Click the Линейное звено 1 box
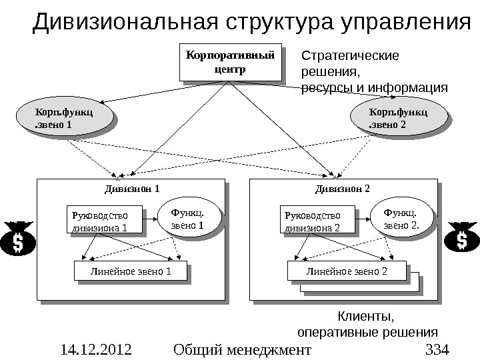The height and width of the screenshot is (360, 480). tap(127, 271)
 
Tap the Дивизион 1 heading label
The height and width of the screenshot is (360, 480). tap(133, 189)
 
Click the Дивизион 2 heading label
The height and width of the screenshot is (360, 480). tap(346, 189)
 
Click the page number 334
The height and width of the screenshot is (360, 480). tap(437, 349)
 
